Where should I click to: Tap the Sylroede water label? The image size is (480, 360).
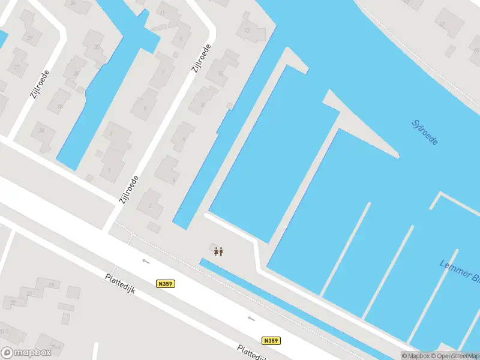click(x=425, y=133)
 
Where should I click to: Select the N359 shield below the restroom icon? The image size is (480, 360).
click(x=166, y=283)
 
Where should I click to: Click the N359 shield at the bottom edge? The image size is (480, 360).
click(x=271, y=340)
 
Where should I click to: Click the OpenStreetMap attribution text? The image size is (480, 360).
click(x=459, y=356)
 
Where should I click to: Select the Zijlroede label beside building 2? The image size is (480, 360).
click(x=130, y=189)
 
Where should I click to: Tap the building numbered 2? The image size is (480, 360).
click(x=151, y=204)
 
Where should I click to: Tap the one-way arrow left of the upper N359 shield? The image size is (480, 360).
click(x=145, y=261)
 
